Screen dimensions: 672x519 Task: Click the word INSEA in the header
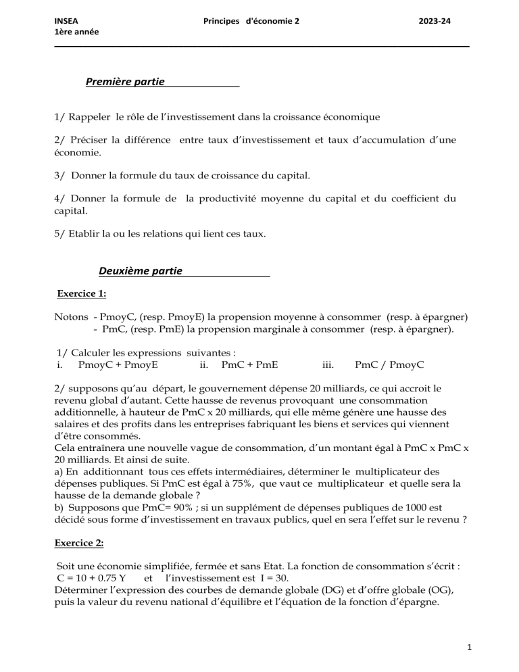[x=66, y=21]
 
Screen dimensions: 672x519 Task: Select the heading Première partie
[x=125, y=82]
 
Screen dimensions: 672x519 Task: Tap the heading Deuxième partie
[x=140, y=271]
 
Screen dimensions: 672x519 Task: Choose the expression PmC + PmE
[x=249, y=365]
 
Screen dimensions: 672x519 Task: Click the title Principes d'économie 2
[x=251, y=21]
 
